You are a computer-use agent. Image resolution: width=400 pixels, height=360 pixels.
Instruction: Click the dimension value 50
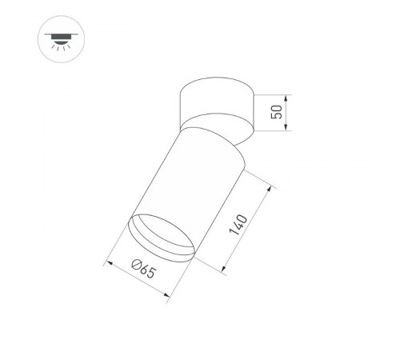[x=277, y=112]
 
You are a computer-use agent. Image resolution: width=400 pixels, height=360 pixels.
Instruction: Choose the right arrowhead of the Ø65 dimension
[x=166, y=298]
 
